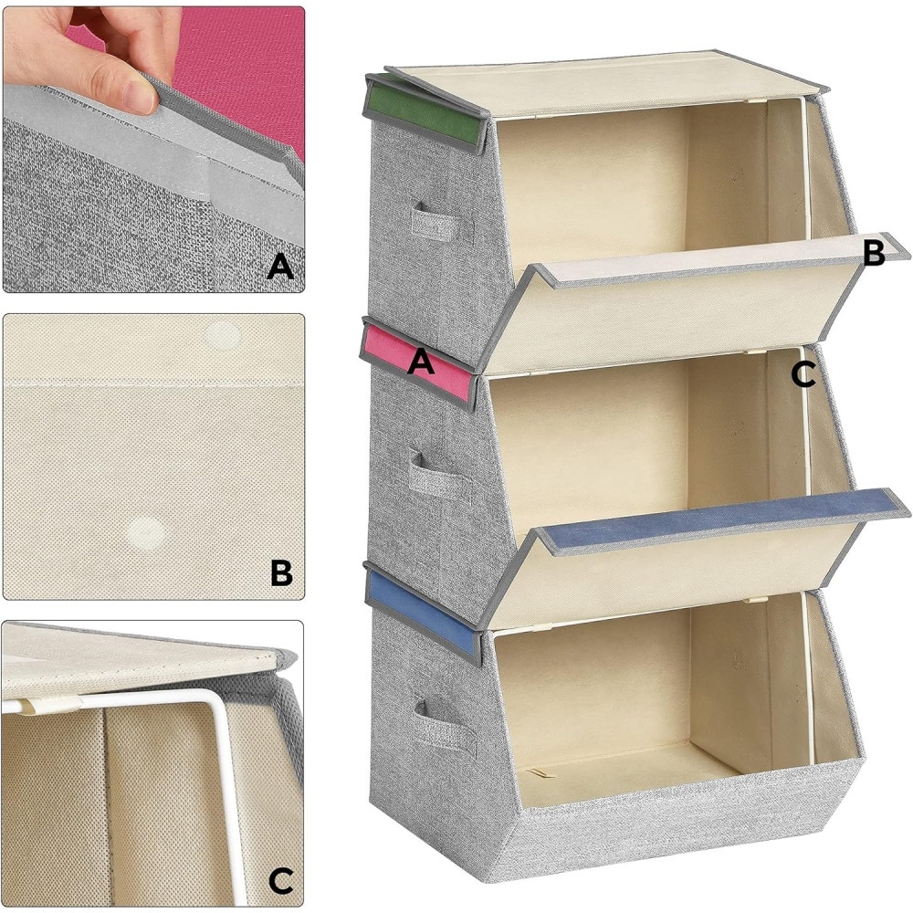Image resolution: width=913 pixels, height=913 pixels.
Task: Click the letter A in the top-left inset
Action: click(280, 268)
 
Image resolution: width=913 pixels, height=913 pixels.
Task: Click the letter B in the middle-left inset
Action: click(282, 573)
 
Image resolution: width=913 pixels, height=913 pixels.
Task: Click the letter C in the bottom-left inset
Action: click(280, 881)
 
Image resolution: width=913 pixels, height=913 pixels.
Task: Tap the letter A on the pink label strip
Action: click(421, 362)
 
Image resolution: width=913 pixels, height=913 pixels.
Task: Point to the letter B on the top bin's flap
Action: click(874, 253)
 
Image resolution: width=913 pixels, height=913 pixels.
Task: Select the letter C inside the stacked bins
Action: click(803, 374)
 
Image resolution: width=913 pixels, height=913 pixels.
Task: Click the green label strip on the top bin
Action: click(427, 113)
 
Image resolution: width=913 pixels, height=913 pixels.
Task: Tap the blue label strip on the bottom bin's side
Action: click(423, 614)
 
